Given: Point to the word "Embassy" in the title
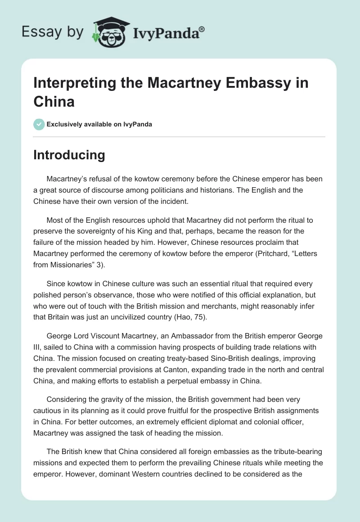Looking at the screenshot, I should [x=245, y=84].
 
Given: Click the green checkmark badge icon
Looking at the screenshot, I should [x=39, y=124].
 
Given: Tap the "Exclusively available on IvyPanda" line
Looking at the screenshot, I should [x=99, y=124].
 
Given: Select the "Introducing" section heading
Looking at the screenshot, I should [x=69, y=155].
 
